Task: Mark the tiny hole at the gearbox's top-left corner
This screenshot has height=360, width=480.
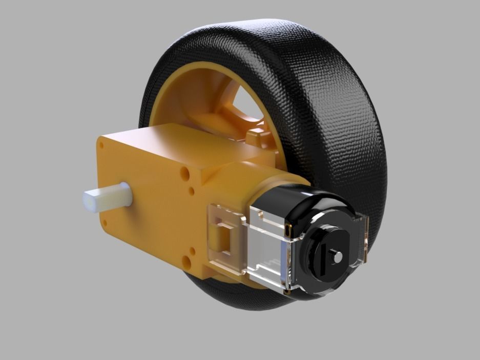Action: click(x=101, y=145)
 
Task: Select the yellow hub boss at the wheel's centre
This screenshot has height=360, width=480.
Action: click(x=256, y=136)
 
